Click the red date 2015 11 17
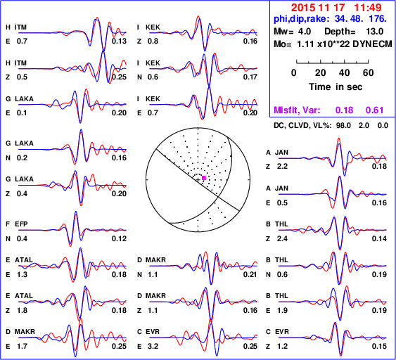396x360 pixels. (318, 8)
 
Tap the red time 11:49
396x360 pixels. (367, 8)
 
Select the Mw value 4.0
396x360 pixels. (304, 32)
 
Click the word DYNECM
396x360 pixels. (372, 44)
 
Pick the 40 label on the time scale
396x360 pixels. (344, 72)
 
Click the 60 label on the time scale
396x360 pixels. (369, 72)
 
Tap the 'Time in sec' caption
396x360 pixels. (336, 87)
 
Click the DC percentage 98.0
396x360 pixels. (343, 125)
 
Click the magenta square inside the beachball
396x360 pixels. (204, 178)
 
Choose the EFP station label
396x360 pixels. (21, 224)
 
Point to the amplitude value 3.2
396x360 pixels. (153, 346)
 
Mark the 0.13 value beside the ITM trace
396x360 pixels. (119, 41)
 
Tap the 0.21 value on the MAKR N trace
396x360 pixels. (250, 274)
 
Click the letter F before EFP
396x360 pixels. (8, 224)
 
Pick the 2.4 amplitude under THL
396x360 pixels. (282, 238)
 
